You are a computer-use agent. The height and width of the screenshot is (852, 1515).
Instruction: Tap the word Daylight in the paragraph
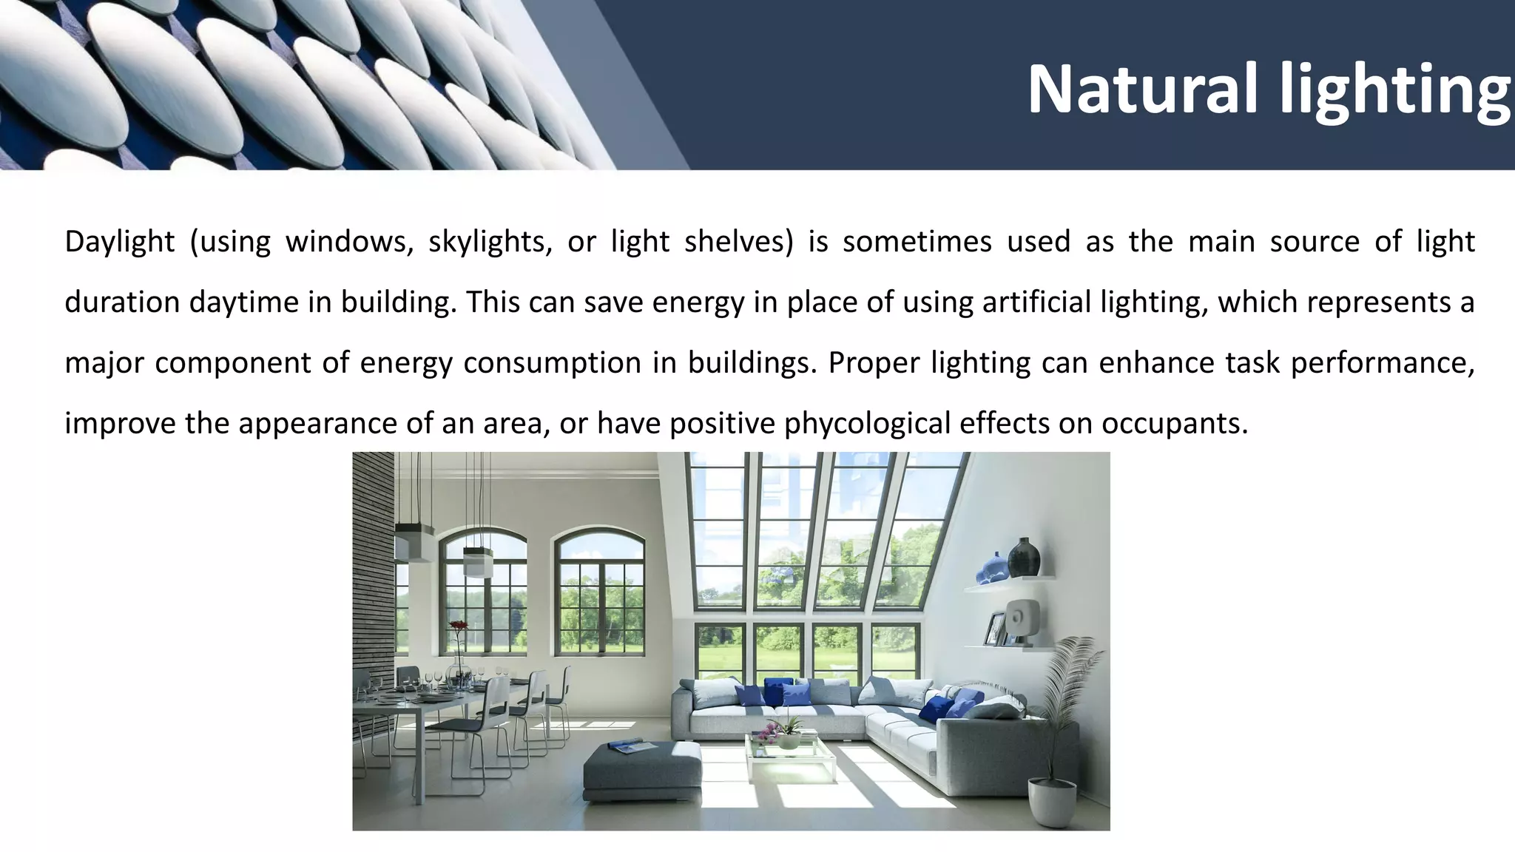point(120,243)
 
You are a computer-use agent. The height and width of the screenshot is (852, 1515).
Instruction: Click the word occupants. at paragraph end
point(1175,424)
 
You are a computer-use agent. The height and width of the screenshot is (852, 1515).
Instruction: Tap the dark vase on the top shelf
point(1024,557)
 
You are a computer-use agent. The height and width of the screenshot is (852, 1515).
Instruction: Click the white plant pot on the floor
point(1052,802)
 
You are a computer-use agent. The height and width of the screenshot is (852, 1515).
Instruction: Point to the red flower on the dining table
point(459,627)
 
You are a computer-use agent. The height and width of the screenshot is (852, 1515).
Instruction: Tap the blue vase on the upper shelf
point(992,569)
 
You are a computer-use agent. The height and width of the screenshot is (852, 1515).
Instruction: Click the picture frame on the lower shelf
point(994,629)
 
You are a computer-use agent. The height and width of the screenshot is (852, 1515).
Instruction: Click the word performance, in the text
point(1382,363)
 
